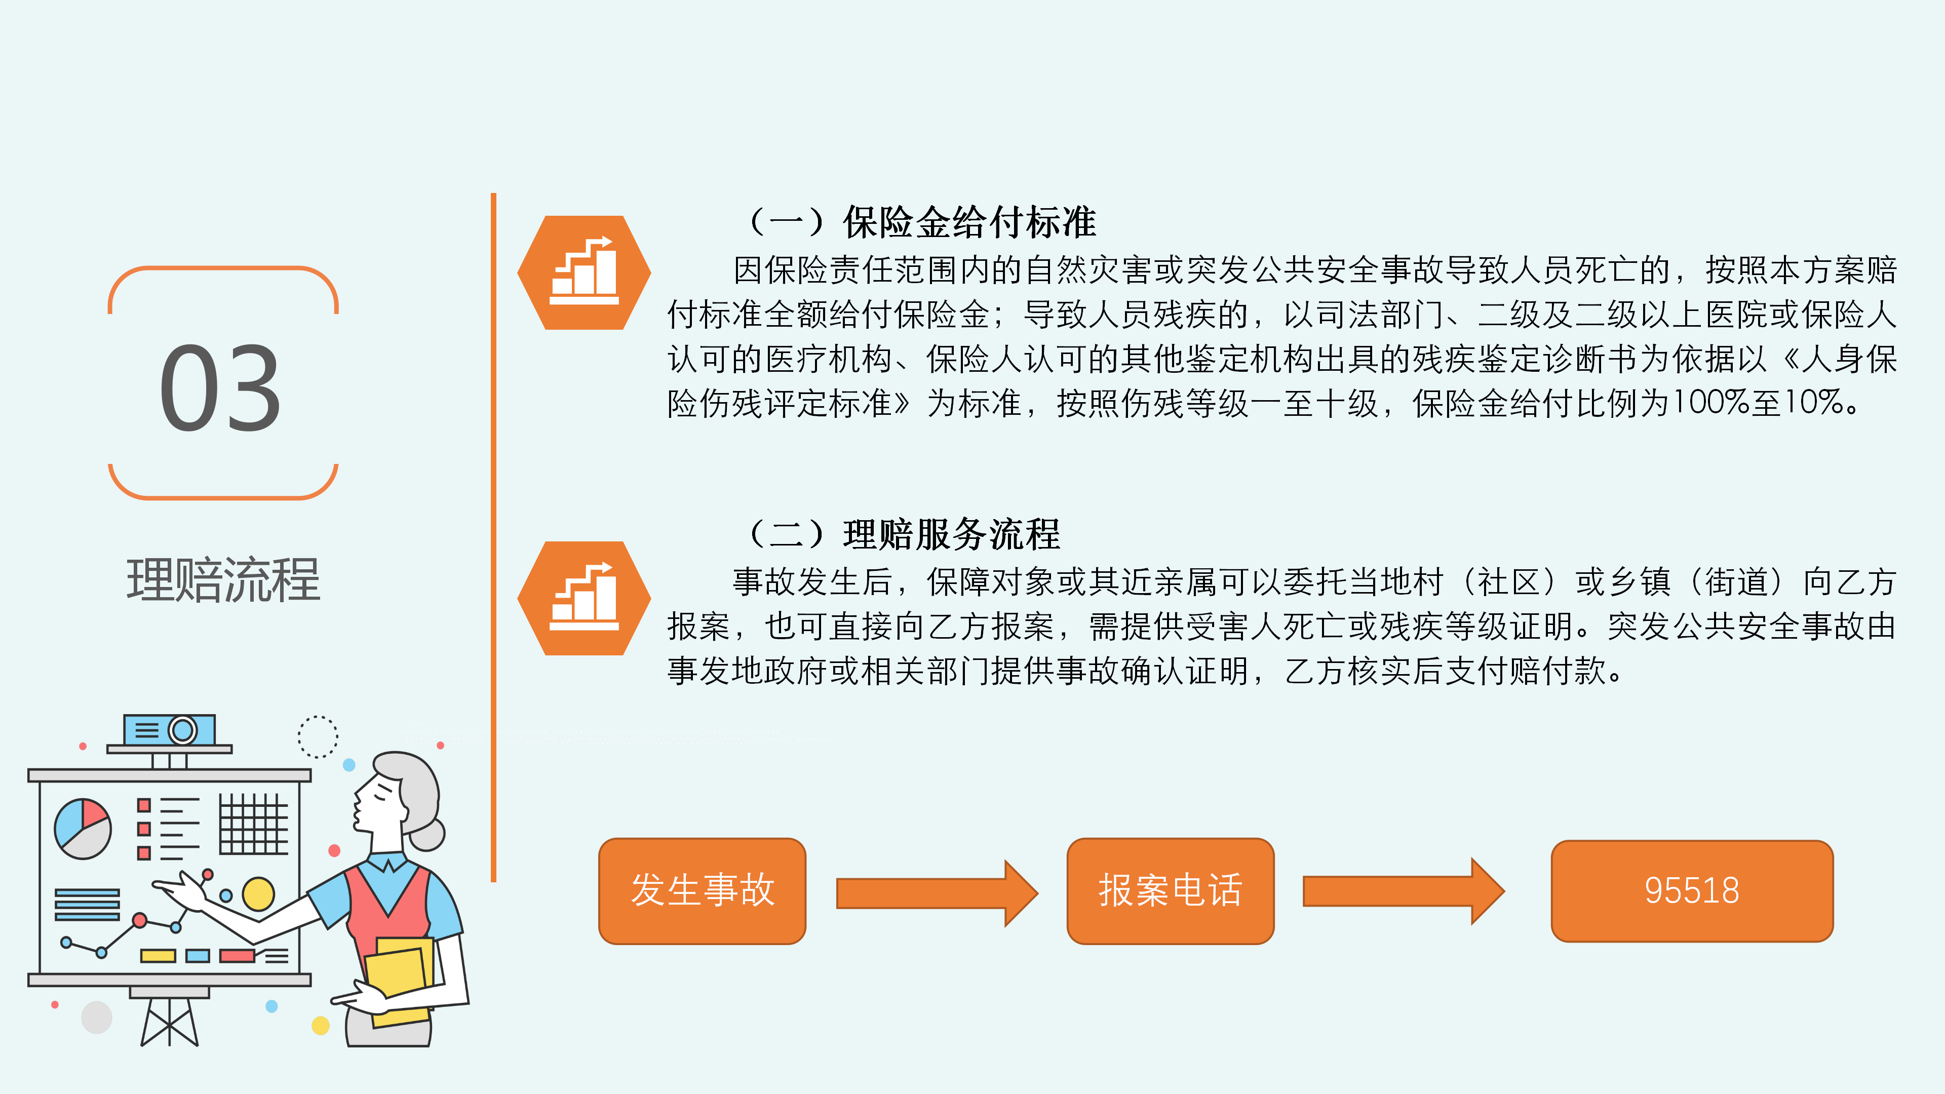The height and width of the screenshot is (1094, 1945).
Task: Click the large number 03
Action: [x=220, y=388]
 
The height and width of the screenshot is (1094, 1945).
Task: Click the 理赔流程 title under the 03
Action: [x=223, y=580]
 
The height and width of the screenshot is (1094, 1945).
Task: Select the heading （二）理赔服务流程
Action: [x=904, y=534]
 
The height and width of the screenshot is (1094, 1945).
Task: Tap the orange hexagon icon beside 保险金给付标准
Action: [x=583, y=272]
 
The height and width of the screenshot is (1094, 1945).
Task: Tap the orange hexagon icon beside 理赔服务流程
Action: [x=583, y=598]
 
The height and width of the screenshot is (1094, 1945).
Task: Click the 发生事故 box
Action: [x=702, y=891]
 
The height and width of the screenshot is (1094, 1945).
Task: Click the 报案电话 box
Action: [x=1171, y=891]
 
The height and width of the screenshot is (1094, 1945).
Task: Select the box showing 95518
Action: [x=1692, y=891]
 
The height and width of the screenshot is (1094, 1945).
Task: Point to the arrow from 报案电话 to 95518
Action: [x=1404, y=891]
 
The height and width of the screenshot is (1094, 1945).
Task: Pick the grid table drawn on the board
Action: [x=254, y=824]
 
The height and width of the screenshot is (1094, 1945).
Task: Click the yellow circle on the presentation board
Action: [x=258, y=894]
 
